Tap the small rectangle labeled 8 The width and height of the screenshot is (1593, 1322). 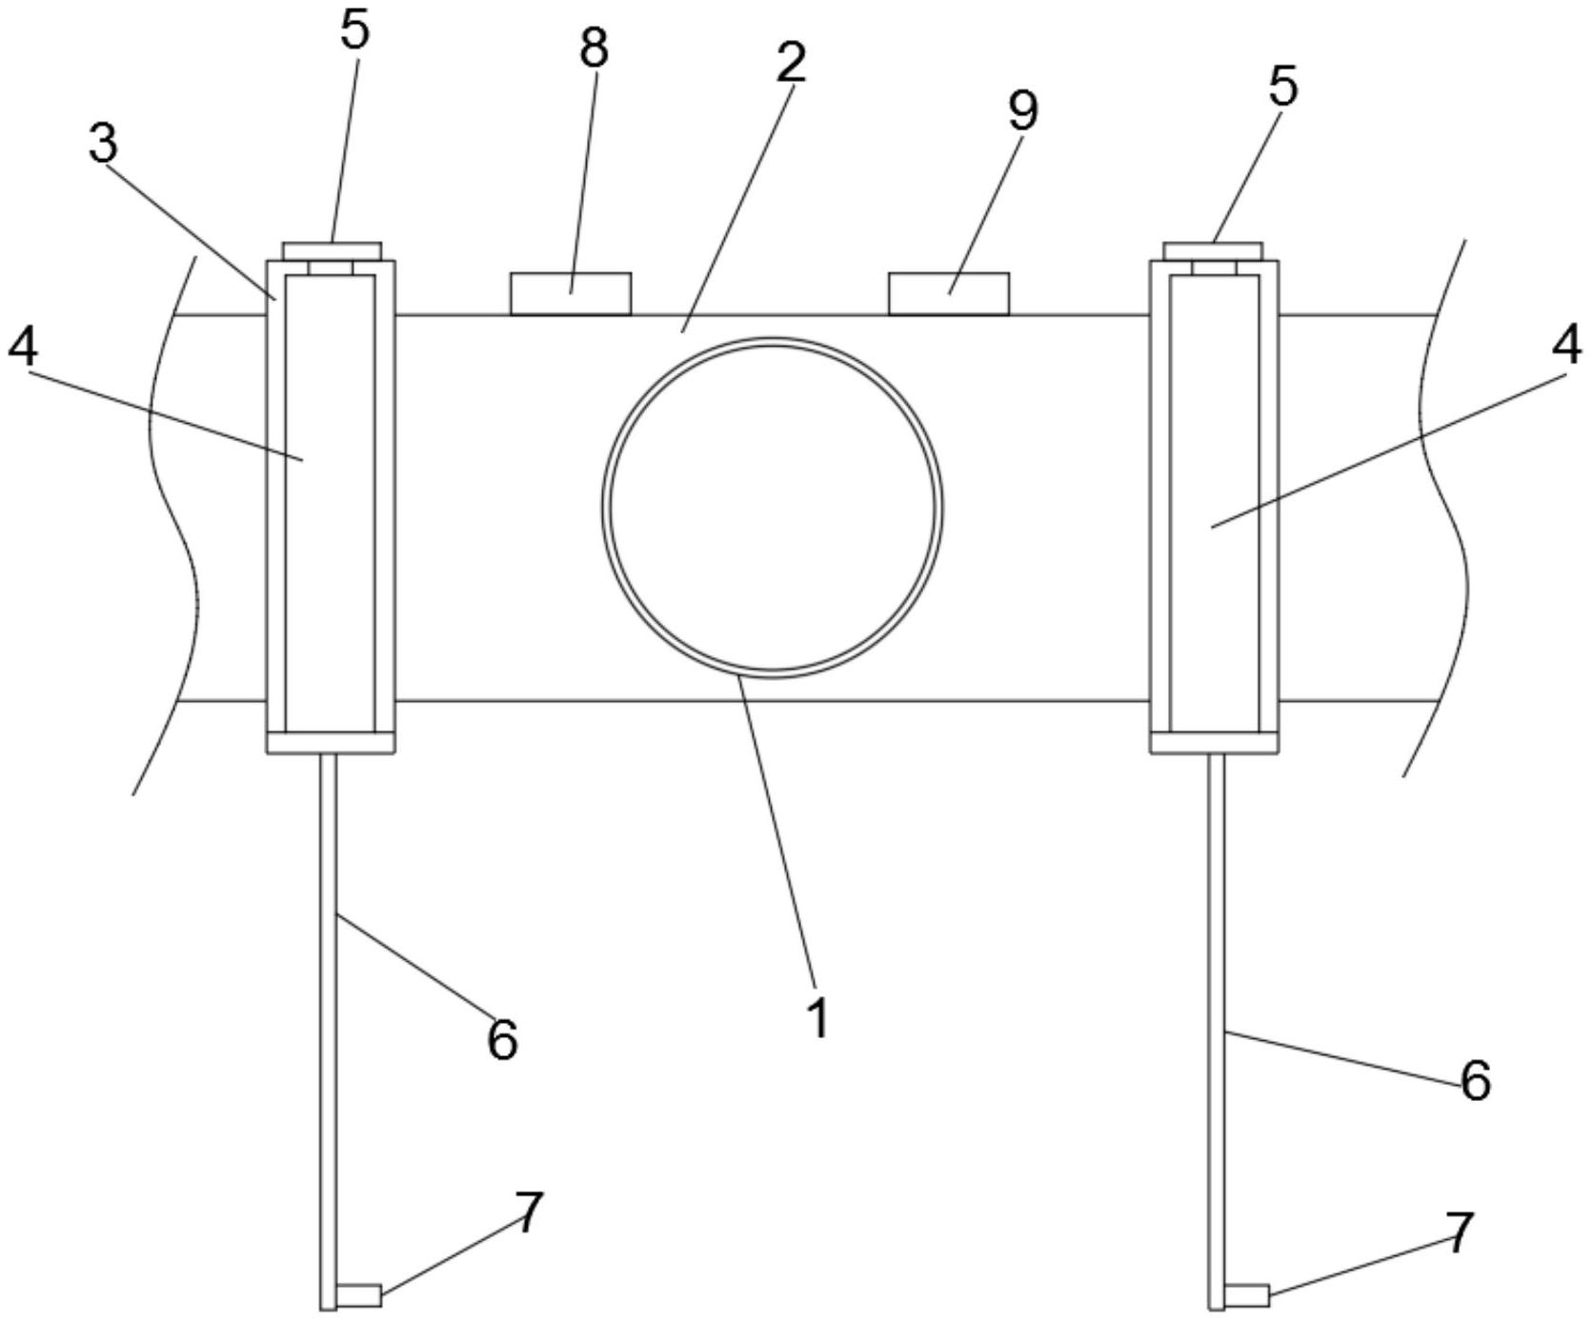point(571,293)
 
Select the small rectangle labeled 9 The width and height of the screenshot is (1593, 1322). point(948,293)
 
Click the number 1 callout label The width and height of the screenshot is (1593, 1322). point(818,1017)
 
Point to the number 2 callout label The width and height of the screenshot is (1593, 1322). point(790,62)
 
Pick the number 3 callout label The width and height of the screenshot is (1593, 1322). point(103,143)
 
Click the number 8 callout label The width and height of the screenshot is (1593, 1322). point(594,48)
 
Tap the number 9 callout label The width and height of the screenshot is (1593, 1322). point(1022,111)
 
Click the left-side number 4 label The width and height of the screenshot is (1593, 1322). point(23,348)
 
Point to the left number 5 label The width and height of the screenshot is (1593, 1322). point(353,30)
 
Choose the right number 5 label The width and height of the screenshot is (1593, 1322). point(1282,87)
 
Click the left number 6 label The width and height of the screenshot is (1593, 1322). point(502,1039)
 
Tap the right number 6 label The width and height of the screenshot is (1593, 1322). point(1475,1081)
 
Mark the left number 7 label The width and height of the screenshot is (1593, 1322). point(529,1212)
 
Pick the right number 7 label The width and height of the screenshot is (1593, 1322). point(1460,1232)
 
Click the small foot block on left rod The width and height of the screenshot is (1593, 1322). point(359,1295)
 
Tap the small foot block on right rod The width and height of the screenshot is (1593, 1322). point(1246,1295)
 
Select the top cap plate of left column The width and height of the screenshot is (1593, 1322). point(333,250)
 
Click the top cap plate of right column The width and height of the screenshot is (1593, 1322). point(1214,250)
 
